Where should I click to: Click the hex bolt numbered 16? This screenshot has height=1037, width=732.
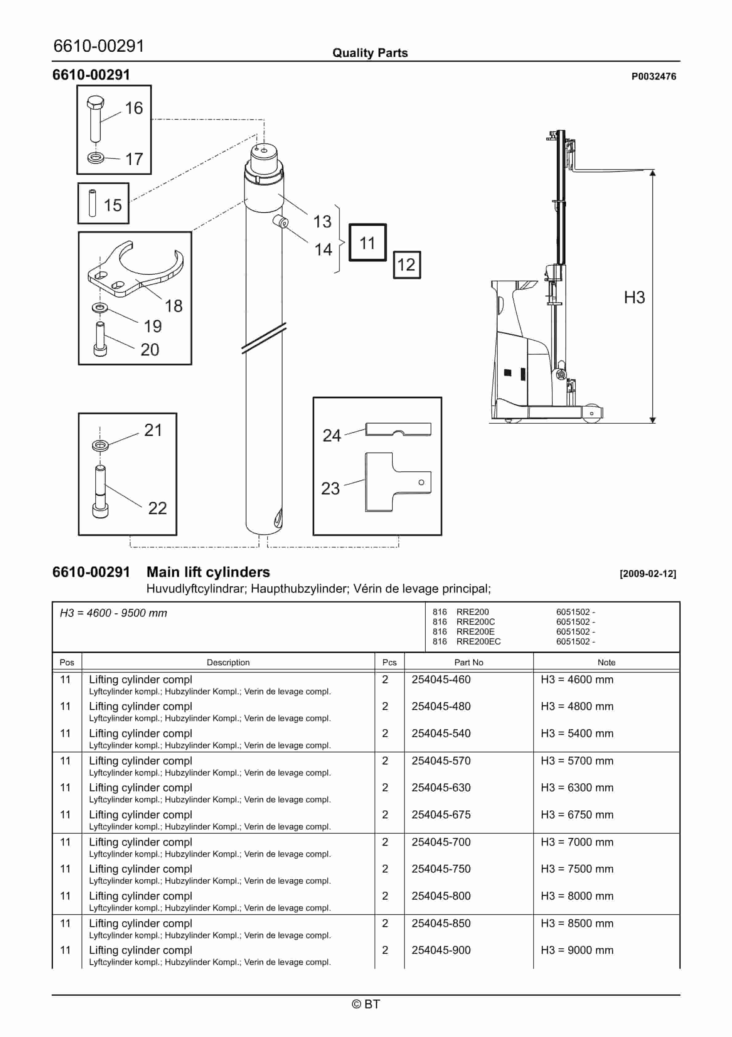tap(95, 118)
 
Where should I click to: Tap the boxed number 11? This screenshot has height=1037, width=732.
tap(367, 243)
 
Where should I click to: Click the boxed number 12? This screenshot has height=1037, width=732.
tap(406, 265)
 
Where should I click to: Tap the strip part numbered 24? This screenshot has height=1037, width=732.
tap(398, 429)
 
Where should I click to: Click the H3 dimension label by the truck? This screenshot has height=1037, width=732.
tap(634, 298)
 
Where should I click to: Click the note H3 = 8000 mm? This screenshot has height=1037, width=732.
tap(577, 896)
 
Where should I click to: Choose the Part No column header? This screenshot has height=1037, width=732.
tap(468, 662)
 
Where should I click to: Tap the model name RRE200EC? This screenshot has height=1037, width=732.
tap(478, 641)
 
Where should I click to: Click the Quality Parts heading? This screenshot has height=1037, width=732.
tap(370, 53)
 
